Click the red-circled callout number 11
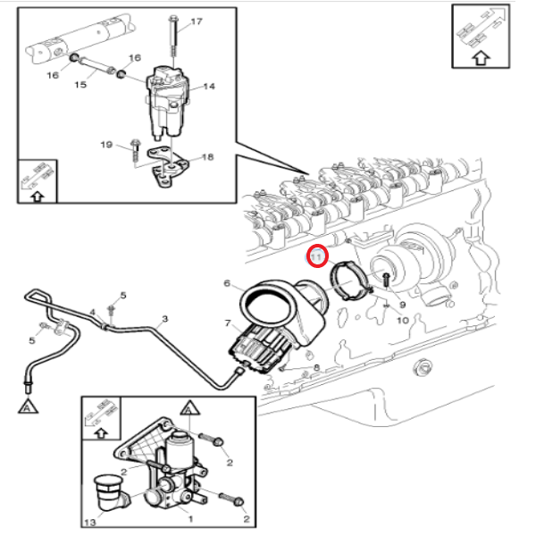(316, 257)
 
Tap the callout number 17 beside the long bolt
(197, 21)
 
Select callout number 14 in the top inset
(210, 87)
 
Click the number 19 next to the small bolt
(105, 145)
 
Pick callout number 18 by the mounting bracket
(208, 157)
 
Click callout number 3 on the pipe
(164, 318)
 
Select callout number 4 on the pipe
(91, 313)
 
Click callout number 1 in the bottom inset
(188, 516)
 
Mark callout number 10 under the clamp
(402, 319)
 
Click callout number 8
(315, 367)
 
